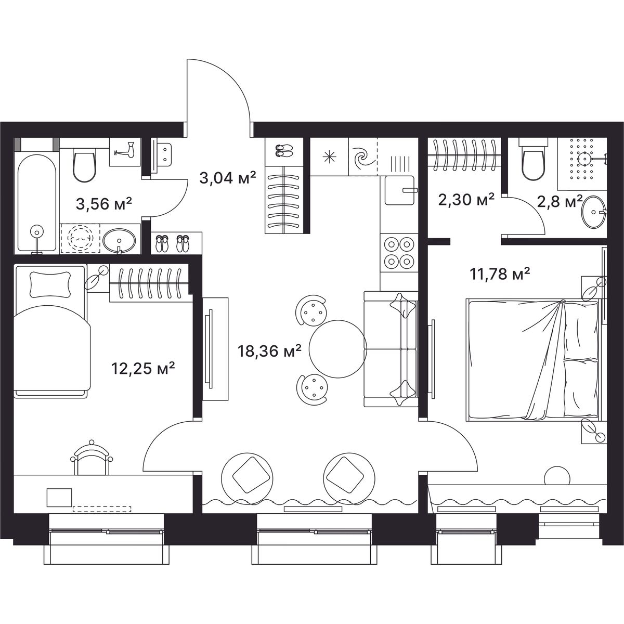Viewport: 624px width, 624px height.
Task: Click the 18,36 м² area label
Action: (269, 351)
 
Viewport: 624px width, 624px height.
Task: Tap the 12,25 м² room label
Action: (143, 368)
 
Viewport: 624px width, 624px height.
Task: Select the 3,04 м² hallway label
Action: (228, 178)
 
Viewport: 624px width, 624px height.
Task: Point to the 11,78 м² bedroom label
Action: (500, 274)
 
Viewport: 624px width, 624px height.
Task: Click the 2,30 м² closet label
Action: (466, 200)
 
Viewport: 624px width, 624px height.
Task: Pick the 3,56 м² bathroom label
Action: (104, 204)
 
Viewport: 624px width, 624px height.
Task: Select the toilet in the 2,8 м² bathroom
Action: (534, 160)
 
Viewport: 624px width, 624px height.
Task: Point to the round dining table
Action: (338, 349)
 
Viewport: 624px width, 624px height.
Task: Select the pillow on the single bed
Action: (50, 284)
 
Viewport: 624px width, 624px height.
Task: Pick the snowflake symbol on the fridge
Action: (329, 157)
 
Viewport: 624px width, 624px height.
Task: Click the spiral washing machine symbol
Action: (363, 157)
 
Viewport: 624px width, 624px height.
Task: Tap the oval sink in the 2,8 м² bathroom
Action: (593, 212)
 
